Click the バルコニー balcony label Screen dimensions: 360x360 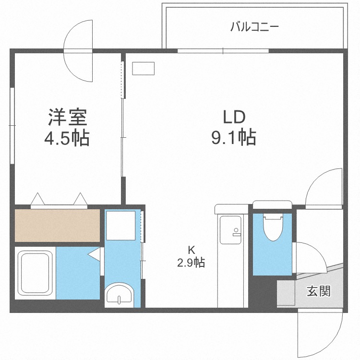[254, 26]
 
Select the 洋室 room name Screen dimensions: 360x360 [67, 118]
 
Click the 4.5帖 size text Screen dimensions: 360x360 [67, 139]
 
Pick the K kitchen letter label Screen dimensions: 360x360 [191, 249]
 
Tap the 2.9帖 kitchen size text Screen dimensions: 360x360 [191, 263]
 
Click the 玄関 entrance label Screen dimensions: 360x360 [319, 291]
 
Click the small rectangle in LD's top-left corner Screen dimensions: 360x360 [143, 69]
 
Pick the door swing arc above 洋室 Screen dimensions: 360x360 [78, 50]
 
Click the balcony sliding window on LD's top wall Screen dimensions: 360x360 [223, 50]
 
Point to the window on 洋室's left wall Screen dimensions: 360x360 [12, 126]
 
